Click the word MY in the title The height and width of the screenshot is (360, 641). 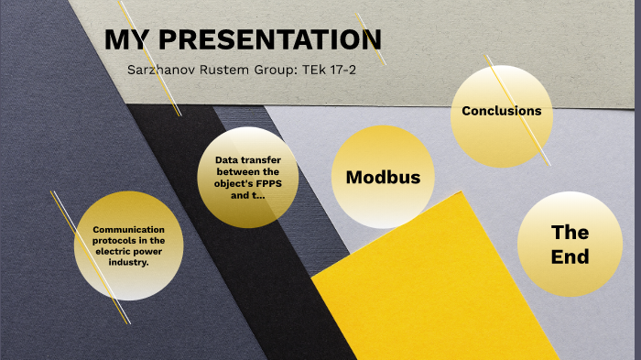point(125,40)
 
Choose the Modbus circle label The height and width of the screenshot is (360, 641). point(383,177)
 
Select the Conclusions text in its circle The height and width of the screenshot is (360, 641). point(501,111)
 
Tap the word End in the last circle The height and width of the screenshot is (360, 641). point(570,257)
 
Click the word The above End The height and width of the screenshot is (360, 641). point(570,232)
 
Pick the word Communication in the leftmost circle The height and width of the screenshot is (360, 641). point(128,228)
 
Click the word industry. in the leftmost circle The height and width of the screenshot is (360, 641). point(128,262)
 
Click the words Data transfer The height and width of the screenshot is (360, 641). point(247,160)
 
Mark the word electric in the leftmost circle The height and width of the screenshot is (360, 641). point(124,251)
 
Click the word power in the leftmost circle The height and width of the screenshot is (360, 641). point(158,251)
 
